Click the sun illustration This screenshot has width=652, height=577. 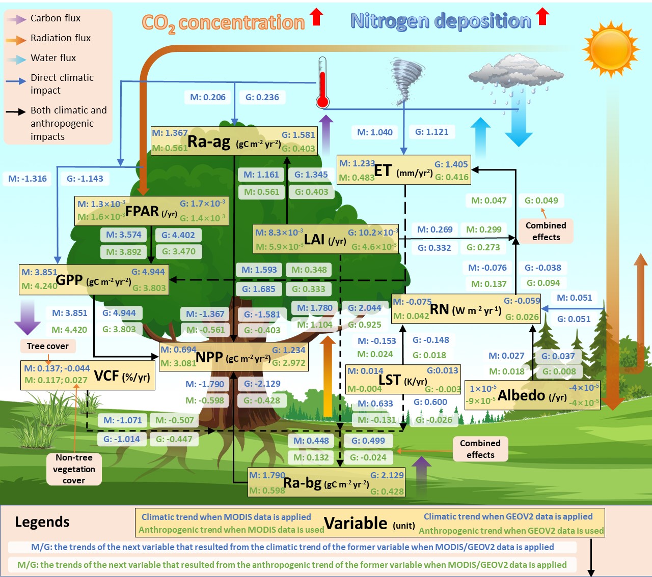[x=610, y=48]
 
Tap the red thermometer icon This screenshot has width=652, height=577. [x=322, y=84]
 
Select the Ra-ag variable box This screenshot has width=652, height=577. [x=234, y=141]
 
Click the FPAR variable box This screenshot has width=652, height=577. [x=151, y=211]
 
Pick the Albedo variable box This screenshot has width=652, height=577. [x=532, y=395]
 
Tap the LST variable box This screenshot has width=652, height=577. [x=403, y=380]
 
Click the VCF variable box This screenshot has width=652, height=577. [x=88, y=376]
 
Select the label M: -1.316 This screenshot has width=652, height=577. [x=28, y=179]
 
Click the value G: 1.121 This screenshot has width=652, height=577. [x=432, y=132]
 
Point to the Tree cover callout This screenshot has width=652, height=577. [x=48, y=346]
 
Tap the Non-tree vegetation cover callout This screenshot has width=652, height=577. [x=74, y=469]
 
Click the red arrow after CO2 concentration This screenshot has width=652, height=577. [x=317, y=16]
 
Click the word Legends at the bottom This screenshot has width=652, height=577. [x=42, y=522]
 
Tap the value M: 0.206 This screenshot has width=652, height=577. [x=208, y=97]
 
